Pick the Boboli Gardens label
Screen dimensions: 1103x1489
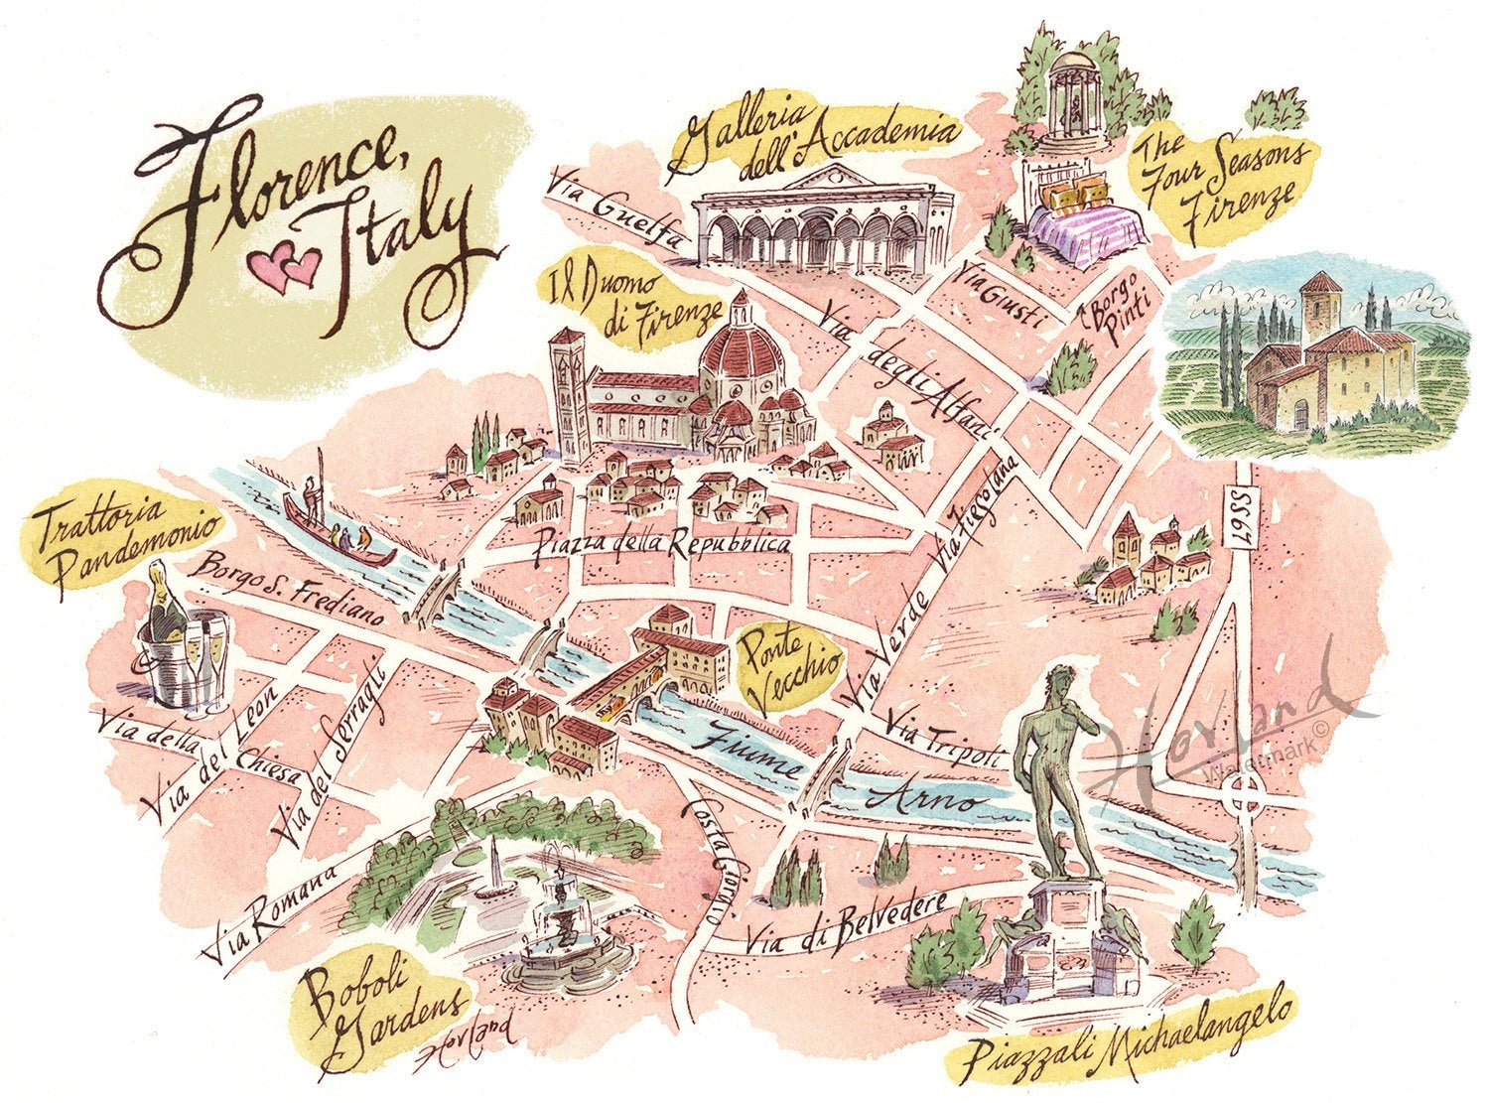382,1008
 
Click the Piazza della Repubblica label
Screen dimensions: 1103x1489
662,543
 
